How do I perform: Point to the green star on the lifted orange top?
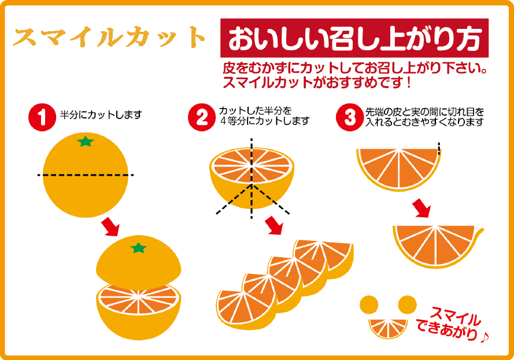pyautogui.click(x=138, y=248)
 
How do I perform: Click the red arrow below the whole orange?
pyautogui.click(x=110, y=227)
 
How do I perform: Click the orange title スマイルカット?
pyautogui.click(x=110, y=38)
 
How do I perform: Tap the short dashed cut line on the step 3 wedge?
pyautogui.click(x=439, y=148)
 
